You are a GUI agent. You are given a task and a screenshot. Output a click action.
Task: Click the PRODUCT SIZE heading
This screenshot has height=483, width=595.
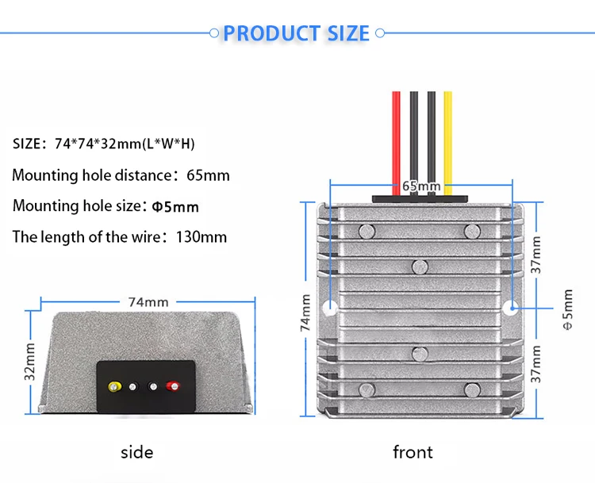296,33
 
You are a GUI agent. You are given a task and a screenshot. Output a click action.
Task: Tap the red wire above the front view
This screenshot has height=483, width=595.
396,143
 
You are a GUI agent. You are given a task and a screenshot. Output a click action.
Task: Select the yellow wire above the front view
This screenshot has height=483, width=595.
447,143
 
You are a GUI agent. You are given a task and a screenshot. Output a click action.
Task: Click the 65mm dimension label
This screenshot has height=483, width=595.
421,186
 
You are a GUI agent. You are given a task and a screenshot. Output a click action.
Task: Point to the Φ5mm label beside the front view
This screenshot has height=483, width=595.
568,309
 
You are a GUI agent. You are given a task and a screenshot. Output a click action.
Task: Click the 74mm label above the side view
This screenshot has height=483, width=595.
148,302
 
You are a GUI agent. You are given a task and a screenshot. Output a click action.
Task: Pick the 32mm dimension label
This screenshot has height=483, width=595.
29,361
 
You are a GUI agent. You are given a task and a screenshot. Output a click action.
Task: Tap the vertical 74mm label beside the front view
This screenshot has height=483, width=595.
305,312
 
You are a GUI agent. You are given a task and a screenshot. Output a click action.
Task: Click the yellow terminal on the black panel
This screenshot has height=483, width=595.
114,386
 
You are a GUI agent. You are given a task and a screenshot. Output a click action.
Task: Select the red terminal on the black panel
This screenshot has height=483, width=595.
173,386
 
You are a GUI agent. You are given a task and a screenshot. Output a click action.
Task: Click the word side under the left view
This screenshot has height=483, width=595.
137,452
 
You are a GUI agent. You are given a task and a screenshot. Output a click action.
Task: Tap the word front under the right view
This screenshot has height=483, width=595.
413,452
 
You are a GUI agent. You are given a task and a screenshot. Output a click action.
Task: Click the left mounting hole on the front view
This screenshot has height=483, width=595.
331,307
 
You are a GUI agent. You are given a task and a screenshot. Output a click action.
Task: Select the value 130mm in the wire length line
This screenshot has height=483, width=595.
202,237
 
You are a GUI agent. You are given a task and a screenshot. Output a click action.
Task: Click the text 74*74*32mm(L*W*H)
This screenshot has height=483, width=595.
125,144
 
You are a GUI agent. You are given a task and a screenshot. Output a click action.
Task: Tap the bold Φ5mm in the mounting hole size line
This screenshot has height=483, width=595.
175,207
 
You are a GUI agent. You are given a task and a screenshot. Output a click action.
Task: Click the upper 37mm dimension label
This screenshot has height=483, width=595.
535,255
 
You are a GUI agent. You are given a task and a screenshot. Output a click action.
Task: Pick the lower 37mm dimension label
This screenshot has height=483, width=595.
535,364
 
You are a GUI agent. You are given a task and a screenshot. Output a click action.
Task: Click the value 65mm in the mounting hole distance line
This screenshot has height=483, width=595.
208,175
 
